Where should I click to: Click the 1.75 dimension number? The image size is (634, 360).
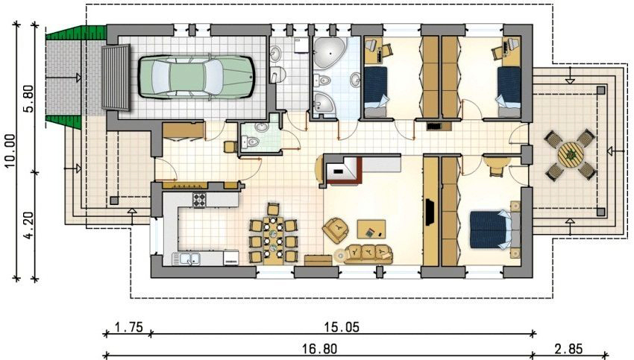click(x=128, y=326)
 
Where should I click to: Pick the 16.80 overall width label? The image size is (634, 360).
click(x=318, y=347)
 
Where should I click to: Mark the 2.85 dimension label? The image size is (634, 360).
click(x=571, y=347)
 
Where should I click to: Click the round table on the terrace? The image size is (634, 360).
click(x=571, y=156)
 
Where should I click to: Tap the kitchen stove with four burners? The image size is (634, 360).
click(x=200, y=200)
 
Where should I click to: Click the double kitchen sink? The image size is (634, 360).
click(x=186, y=259)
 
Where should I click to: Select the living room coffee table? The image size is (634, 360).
click(x=371, y=228)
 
